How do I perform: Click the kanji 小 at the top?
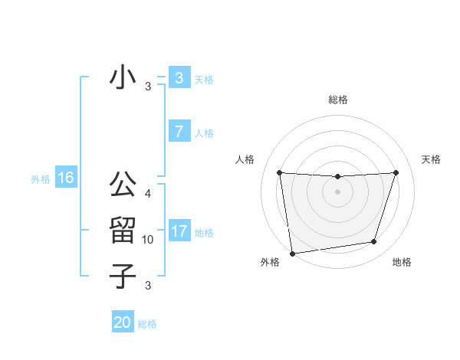click(123, 77)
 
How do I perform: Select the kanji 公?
click(123, 185)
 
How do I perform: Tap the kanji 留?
click(123, 230)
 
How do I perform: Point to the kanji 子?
click(123, 275)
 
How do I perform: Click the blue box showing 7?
click(179, 132)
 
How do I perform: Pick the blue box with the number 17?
click(179, 231)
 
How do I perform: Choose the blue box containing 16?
click(65, 178)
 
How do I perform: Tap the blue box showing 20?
click(123, 322)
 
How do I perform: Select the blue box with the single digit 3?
click(179, 78)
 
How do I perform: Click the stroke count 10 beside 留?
click(148, 240)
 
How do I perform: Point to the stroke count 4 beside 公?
click(148, 194)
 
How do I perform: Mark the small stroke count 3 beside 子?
click(148, 286)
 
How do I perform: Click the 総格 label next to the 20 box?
click(147, 324)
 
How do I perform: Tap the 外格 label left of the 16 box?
click(41, 179)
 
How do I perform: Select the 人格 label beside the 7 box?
click(204, 133)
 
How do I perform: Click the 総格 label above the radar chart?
click(337, 100)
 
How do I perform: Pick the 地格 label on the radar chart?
click(402, 262)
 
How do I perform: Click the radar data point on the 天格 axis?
click(396, 172)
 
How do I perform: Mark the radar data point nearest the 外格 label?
click(292, 253)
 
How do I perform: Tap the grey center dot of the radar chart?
click(337, 191)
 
